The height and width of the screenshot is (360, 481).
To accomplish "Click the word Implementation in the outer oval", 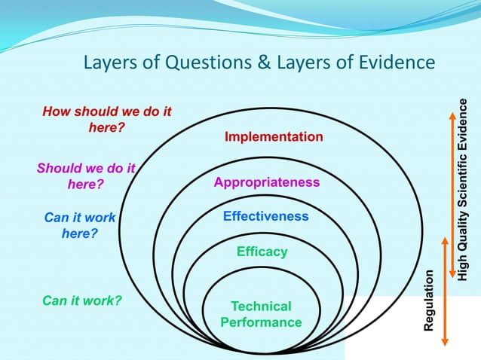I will (x=274, y=137).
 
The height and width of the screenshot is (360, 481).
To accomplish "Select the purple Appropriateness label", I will (x=267, y=182).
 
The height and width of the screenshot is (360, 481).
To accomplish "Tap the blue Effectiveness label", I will (x=265, y=216).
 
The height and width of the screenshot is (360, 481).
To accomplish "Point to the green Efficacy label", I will (x=262, y=252).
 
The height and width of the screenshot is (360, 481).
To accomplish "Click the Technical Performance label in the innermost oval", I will (x=261, y=314).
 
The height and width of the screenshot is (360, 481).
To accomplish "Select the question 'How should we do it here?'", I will (x=106, y=119).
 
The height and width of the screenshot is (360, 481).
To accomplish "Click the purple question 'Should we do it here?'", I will (x=85, y=176).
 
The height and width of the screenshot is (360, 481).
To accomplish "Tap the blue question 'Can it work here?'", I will (x=80, y=225).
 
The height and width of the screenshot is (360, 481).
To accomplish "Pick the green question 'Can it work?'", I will (x=82, y=301).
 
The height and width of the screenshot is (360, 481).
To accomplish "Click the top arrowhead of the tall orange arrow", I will (x=451, y=115).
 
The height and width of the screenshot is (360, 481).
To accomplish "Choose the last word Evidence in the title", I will (x=398, y=62).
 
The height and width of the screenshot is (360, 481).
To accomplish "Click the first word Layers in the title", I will (x=108, y=62).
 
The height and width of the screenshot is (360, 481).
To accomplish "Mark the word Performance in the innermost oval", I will (x=261, y=322).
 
